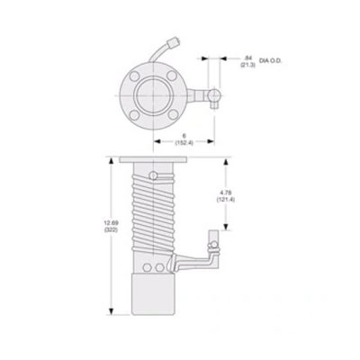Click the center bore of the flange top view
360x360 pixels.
click(153, 93)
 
